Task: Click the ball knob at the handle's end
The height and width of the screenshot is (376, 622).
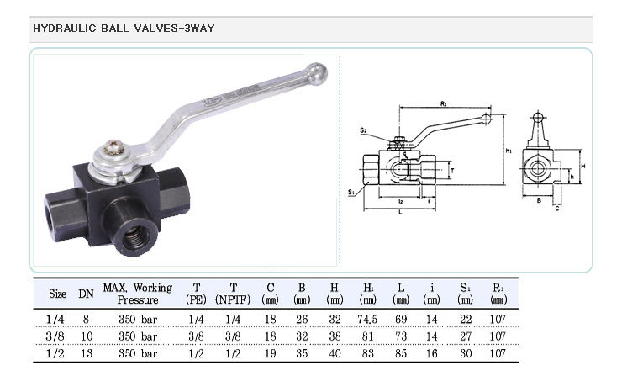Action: (317, 73)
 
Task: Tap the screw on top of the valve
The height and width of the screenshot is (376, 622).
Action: (114, 148)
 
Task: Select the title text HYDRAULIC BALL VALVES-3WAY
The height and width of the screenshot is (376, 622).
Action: (124, 29)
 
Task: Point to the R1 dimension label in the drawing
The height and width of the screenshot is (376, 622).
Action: (444, 103)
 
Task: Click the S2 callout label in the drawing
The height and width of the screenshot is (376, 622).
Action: (363, 130)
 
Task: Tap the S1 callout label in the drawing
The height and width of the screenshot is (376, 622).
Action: (351, 192)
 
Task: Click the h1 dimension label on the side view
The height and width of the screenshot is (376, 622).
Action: (509, 151)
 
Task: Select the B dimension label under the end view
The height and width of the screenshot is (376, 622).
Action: (539, 200)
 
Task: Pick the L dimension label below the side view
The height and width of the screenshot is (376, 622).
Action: (400, 213)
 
